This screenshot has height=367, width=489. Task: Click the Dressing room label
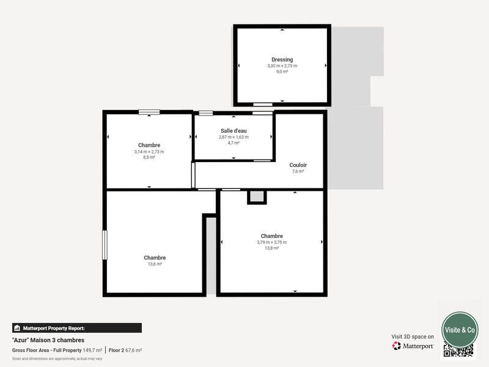282,59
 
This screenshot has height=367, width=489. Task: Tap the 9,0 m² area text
282,72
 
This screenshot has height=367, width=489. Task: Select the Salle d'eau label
233,131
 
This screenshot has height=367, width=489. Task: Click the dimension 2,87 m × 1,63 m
233,137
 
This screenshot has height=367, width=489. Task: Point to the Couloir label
298,165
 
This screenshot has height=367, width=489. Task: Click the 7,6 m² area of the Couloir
298,172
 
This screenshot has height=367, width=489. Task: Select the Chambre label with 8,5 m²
149,145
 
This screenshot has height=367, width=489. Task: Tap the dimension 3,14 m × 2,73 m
149,152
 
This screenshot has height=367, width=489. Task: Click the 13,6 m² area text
155,264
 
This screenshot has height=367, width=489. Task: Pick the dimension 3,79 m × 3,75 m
271,242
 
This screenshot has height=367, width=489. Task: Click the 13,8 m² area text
271,248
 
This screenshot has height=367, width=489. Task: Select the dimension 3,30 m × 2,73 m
282,65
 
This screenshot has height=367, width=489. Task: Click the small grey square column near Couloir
257,197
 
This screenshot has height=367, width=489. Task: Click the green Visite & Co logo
460,329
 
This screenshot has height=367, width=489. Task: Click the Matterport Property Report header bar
76,328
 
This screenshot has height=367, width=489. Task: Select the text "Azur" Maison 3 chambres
48,340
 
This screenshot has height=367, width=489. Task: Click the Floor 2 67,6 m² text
125,350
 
